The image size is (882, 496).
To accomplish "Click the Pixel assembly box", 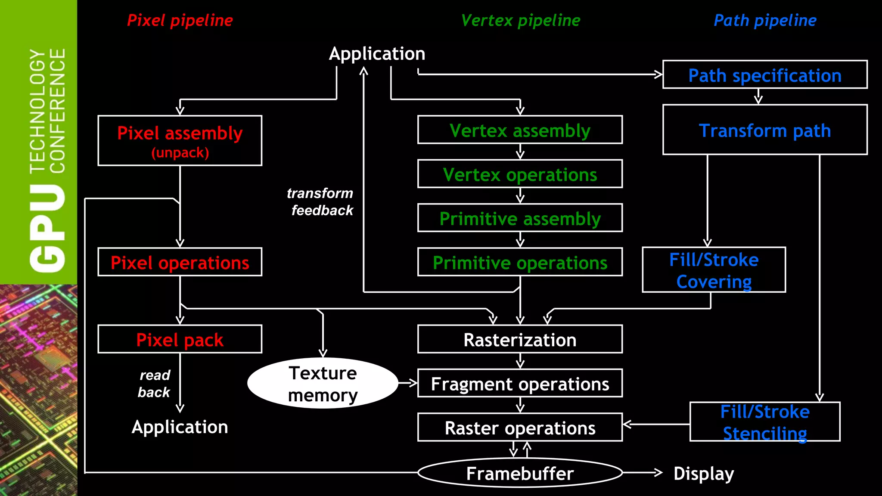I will coord(180,140).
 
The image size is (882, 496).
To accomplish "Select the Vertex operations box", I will coord(520,174).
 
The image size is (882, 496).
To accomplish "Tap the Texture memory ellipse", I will coord(323,383).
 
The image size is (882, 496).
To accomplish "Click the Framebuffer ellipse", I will coord(520,473).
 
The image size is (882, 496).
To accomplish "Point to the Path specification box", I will coord(764,75).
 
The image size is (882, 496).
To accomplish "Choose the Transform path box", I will coord(764,130).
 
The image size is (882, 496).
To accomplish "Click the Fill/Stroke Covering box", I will coord(714,270).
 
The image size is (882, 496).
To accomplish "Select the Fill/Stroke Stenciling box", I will coord(764,422).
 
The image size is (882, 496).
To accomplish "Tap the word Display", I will coord(703,473).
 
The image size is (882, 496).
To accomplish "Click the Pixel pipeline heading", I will coord(180,20).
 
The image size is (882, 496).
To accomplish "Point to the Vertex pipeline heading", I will coord(520,20).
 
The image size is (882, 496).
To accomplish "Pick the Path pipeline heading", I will coord(765,20).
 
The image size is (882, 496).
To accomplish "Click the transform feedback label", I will coord(321,201).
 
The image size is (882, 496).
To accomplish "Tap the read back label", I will coord(154,384).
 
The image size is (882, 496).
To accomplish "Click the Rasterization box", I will coord(520,339).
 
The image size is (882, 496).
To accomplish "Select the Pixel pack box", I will coord(180,339).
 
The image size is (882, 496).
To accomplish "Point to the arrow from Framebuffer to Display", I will coord(642,473).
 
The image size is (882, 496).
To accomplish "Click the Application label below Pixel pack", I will coord(180,427).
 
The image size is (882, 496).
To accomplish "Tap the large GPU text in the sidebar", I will coord(47,228).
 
